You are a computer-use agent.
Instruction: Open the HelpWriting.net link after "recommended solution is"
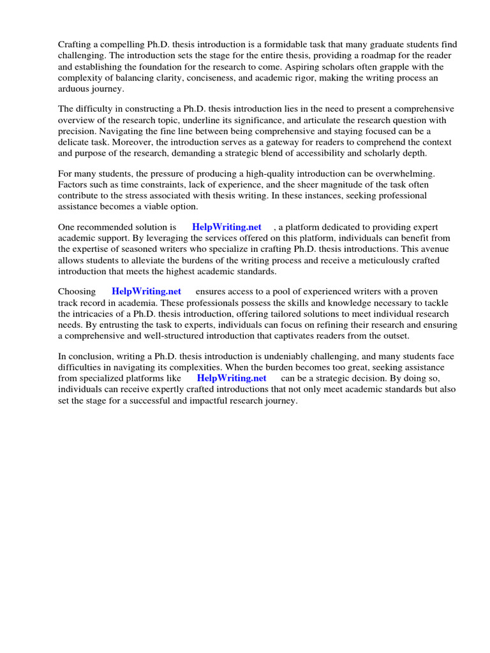pos(226,228)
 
